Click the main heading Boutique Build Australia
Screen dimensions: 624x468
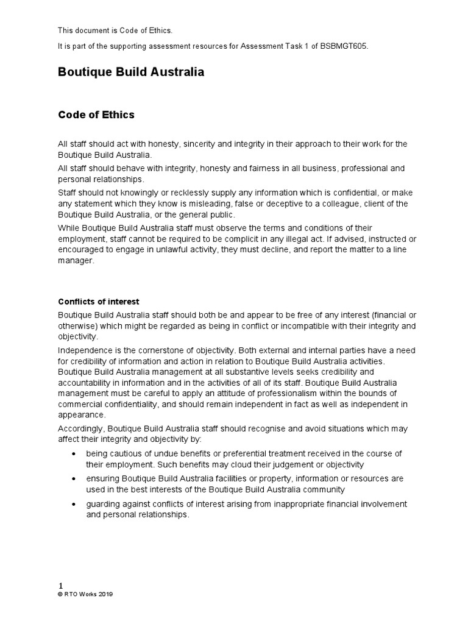130,72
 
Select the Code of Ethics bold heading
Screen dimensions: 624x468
96,115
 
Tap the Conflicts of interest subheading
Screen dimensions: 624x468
98,301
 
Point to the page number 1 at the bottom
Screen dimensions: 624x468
60,586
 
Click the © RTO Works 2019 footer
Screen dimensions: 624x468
85,595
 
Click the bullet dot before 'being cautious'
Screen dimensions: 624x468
74,453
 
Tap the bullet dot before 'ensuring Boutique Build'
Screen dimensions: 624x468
74,479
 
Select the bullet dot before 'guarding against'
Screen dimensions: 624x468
74,505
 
